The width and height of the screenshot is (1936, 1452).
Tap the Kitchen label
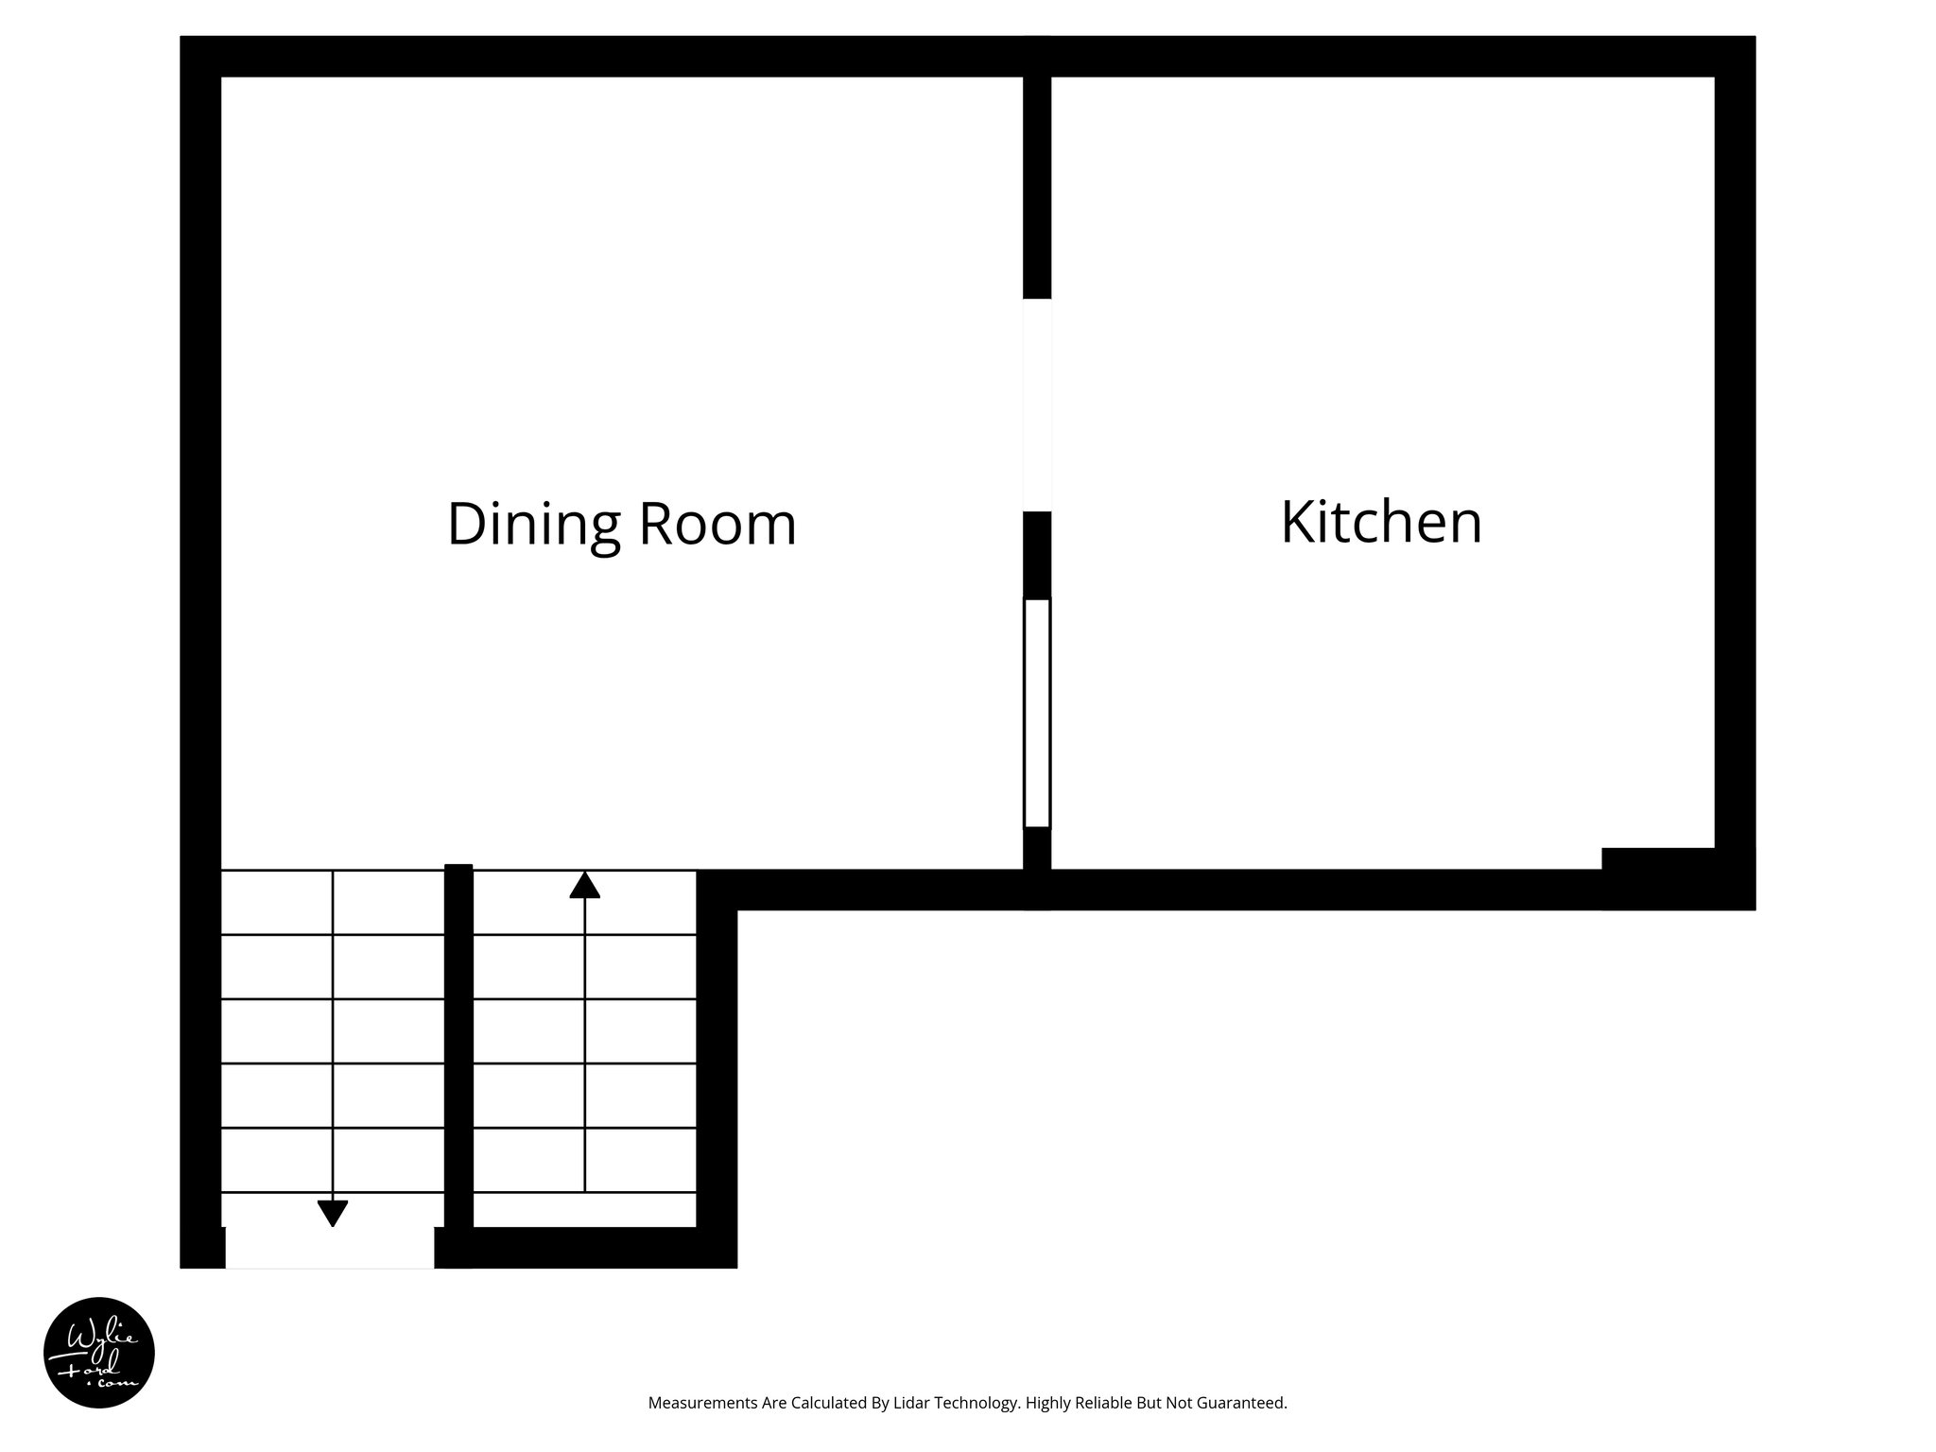pyautogui.click(x=1381, y=521)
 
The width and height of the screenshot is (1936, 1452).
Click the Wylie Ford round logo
pyautogui.click(x=99, y=1353)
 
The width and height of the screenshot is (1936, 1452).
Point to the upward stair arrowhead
pyautogui.click(x=584, y=885)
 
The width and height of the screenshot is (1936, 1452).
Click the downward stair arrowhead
pyautogui.click(x=333, y=1213)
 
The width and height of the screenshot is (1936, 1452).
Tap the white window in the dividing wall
pyautogui.click(x=1037, y=714)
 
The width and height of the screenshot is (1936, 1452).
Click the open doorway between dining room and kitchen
pyautogui.click(x=1037, y=405)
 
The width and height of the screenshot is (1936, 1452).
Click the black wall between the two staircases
pyautogui.click(x=458, y=1049)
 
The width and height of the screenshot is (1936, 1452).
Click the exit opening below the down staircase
pyautogui.click(x=329, y=1248)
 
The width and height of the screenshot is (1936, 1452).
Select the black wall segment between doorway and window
pyautogui.click(x=1037, y=555)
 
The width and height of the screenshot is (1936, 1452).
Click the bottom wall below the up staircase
pyautogui.click(x=586, y=1248)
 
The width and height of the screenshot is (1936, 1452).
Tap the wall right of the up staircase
pyautogui.click(x=717, y=1068)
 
